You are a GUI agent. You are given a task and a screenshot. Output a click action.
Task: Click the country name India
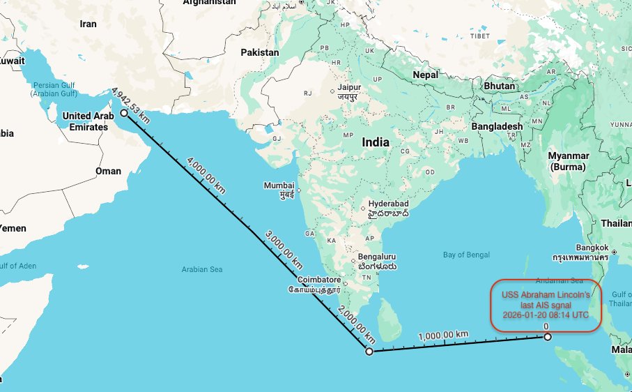pos(376,142)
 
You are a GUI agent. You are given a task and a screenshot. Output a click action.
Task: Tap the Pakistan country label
pos(260,52)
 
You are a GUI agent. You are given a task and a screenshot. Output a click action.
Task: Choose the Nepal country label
pos(425,75)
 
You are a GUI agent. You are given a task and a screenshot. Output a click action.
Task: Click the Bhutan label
pos(499,86)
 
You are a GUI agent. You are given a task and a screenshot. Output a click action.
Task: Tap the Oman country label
pos(108,171)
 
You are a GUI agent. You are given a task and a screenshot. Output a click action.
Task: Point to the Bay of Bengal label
pos(466,255)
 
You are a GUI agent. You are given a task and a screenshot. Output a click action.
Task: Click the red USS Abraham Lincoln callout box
pos(545,305)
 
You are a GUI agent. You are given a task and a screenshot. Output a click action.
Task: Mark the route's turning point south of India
pos(369,351)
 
